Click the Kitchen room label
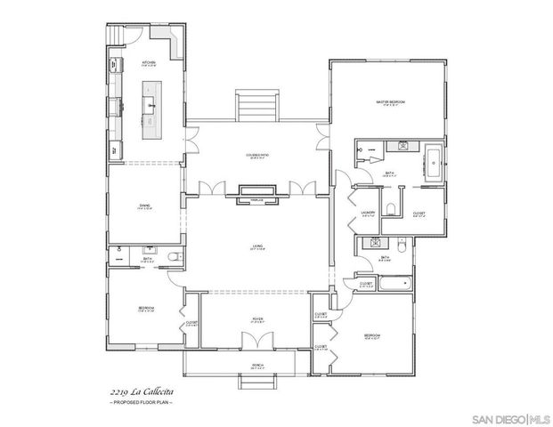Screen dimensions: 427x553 click(x=148, y=64)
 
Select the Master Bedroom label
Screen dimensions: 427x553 click(x=390, y=103)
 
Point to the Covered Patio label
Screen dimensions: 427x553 click(x=258, y=157)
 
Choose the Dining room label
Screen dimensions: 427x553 click(x=144, y=207)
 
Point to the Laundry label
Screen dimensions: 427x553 click(x=367, y=213)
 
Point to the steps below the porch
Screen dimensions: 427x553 click(x=256, y=383)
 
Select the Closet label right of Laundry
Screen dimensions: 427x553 click(x=418, y=213)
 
